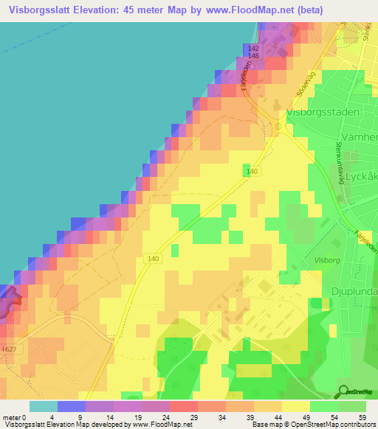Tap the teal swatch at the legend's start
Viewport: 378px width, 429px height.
[43, 406]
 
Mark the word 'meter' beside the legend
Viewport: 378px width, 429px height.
[12, 417]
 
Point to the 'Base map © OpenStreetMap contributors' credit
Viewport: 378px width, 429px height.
[312, 425]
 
